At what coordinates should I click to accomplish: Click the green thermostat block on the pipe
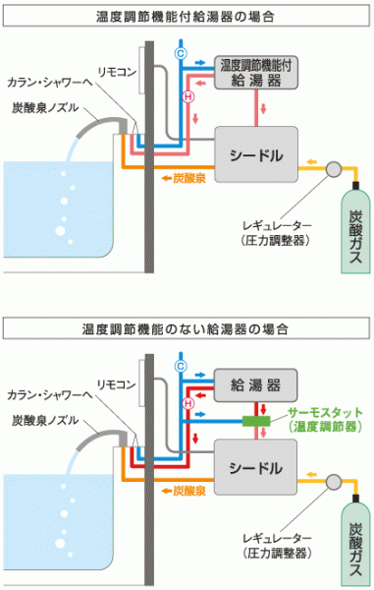click(x=256, y=421)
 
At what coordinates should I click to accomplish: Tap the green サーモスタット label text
click(x=325, y=412)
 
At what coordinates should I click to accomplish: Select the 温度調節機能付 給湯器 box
click(x=256, y=73)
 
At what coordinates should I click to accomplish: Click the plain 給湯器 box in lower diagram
click(x=256, y=385)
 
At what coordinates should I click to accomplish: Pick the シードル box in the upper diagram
click(x=256, y=154)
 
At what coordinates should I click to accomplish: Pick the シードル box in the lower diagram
click(x=256, y=467)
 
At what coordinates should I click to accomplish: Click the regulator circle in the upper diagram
click(x=334, y=169)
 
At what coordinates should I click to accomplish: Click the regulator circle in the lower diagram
click(x=334, y=482)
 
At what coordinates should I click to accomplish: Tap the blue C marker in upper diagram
click(x=181, y=53)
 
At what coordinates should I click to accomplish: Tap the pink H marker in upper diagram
click(x=188, y=96)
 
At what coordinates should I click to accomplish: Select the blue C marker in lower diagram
click(x=181, y=366)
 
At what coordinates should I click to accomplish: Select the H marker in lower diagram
click(x=188, y=404)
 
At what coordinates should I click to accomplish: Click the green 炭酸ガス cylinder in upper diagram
click(x=355, y=230)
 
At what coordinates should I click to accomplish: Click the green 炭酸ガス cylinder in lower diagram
click(x=355, y=543)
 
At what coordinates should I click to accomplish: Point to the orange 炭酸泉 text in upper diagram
click(x=189, y=178)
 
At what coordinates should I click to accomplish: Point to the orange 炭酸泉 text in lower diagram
click(x=189, y=491)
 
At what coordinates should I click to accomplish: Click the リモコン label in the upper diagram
click(x=117, y=72)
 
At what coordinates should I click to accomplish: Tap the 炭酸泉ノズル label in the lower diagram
click(x=45, y=420)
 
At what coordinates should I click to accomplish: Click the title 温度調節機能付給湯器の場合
click(x=186, y=17)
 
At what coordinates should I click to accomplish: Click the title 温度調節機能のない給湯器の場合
click(x=186, y=329)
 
